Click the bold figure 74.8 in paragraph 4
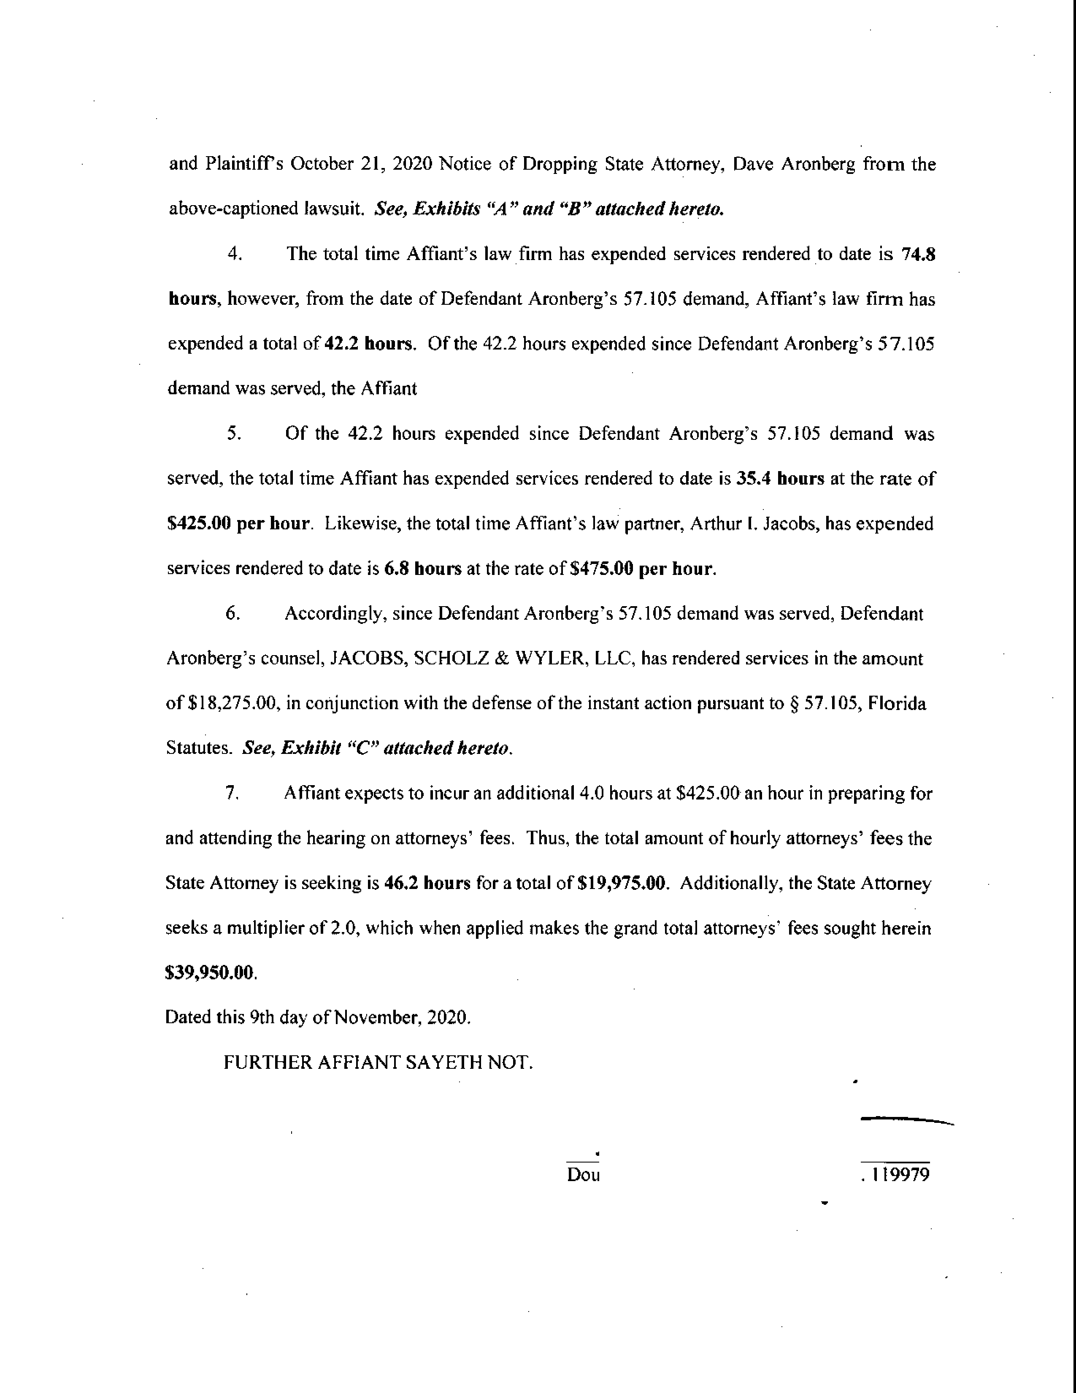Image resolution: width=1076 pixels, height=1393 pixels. click(x=918, y=254)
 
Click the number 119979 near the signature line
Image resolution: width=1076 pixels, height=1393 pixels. click(x=901, y=1174)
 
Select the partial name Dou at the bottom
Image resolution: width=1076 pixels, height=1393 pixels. click(x=583, y=1174)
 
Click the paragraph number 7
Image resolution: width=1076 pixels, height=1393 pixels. click(x=232, y=794)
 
